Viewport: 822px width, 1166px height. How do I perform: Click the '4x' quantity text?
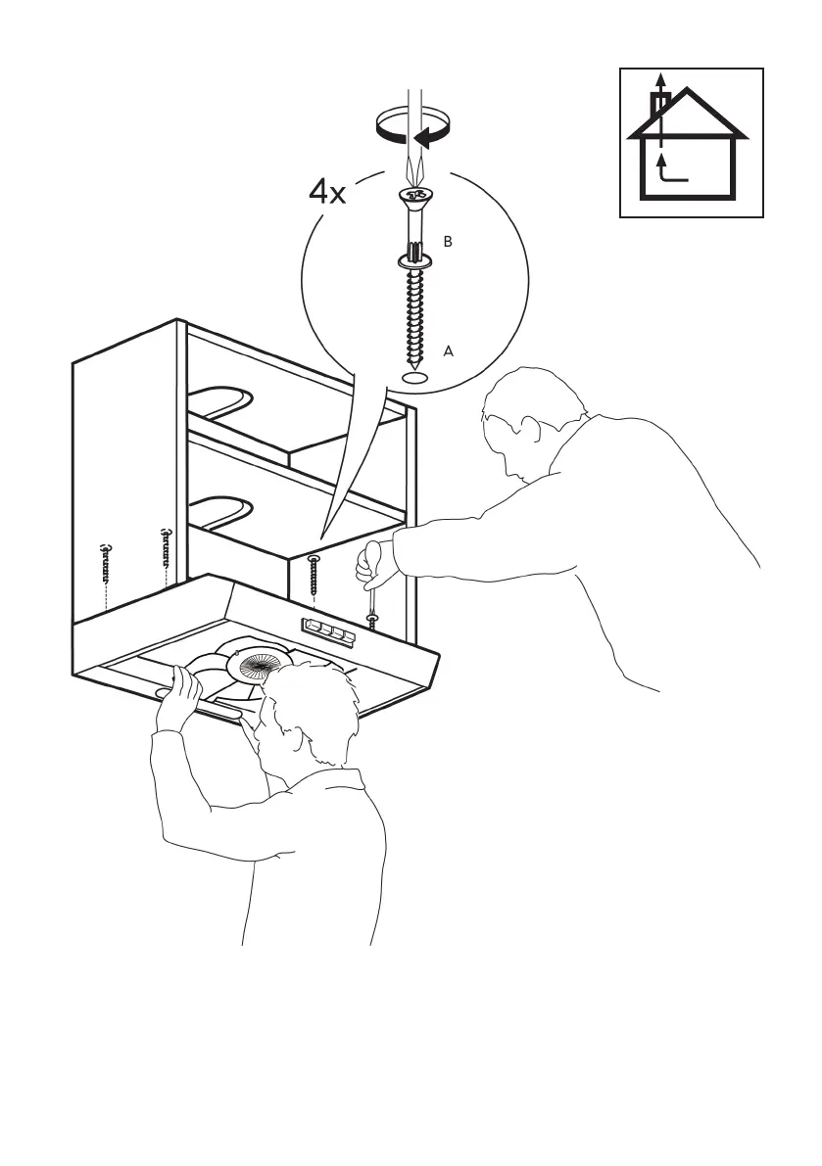pyautogui.click(x=327, y=192)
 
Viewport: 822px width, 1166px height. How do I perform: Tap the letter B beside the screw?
pyautogui.click(x=448, y=242)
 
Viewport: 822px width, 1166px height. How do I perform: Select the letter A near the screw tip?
pyautogui.click(x=449, y=350)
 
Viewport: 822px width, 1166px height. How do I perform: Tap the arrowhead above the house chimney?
pyautogui.click(x=661, y=79)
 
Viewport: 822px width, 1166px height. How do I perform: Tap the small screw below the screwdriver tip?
pyautogui.click(x=372, y=622)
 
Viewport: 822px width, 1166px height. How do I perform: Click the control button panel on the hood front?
pyautogui.click(x=328, y=631)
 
